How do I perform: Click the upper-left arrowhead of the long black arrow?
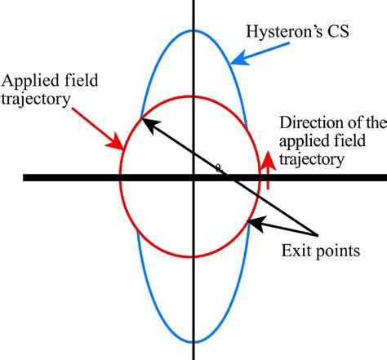[141, 121]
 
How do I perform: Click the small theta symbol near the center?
[217, 169]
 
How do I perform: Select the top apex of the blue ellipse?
[193, 30]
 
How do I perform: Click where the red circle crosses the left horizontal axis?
[121, 177]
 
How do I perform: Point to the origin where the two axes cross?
[193, 177]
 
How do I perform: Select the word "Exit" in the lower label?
[300, 251]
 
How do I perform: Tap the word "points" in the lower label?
[338, 251]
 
